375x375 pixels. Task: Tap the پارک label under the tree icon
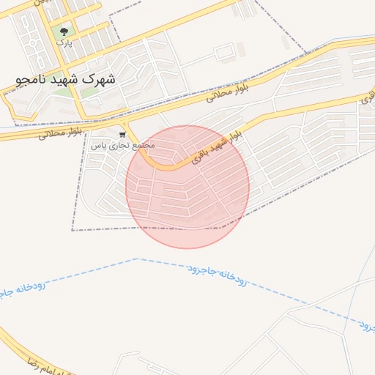pos(64,42)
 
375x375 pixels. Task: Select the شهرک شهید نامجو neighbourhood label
pos(66,77)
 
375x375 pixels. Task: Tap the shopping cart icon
pos(122,135)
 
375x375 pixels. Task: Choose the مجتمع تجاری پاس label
pos(122,145)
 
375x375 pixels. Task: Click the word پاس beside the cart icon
pos(97,145)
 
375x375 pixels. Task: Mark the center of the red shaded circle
pos(187,187)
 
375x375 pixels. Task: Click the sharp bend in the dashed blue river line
pos(136,259)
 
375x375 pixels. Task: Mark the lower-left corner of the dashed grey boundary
pos(72,230)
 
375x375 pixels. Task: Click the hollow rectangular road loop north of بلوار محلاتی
pos(225,51)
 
